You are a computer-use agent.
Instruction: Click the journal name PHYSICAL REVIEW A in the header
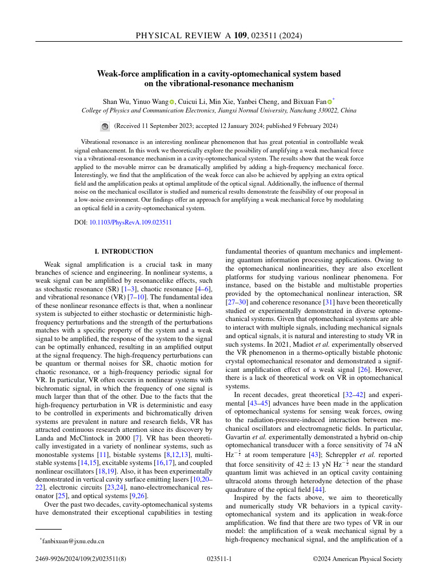tap(182, 36)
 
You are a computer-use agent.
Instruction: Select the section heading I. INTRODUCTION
tap(124, 251)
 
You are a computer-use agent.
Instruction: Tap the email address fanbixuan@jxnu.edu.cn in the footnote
tap(73, 540)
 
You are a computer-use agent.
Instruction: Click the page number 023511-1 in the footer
tap(219, 560)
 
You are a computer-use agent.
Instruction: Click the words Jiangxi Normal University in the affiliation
tap(245, 110)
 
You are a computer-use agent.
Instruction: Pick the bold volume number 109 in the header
tap(241, 36)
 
